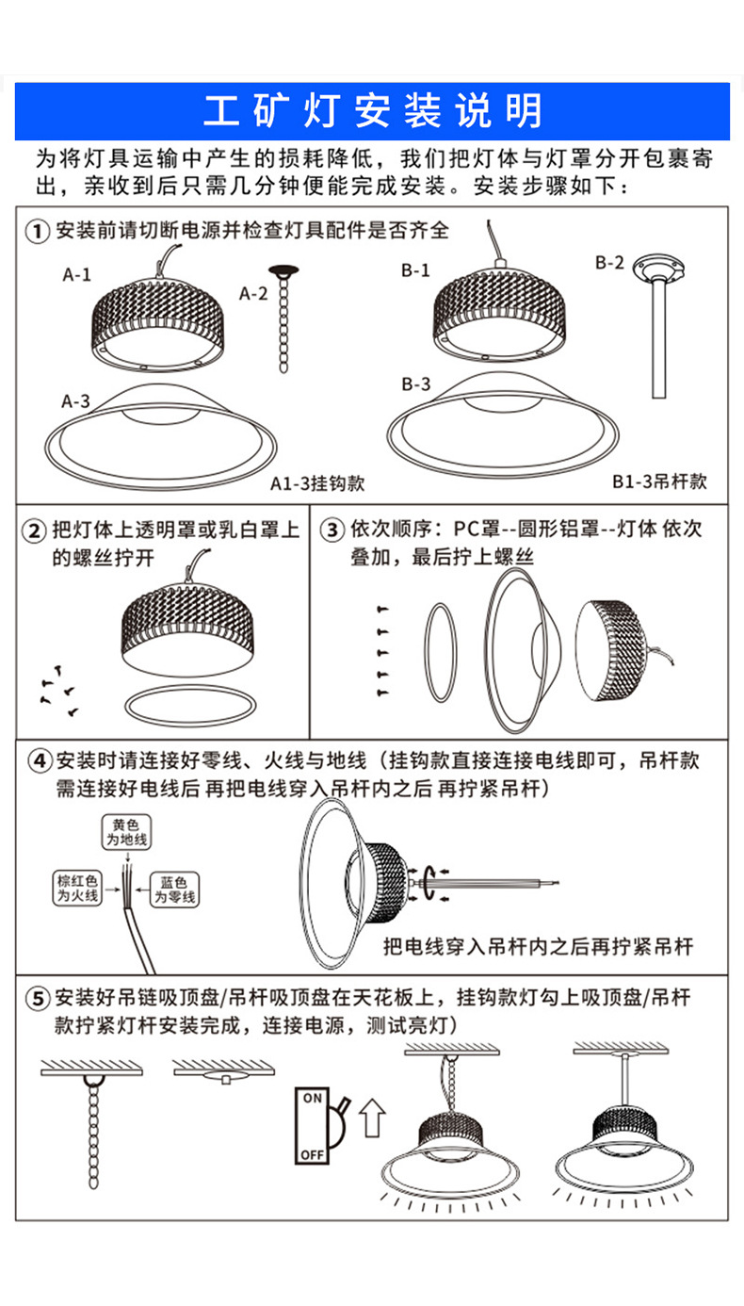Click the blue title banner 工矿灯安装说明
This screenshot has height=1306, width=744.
[x=372, y=111]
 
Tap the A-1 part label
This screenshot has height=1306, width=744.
[x=76, y=275]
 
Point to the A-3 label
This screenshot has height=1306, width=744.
[x=76, y=400]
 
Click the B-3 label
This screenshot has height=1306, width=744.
[x=415, y=384]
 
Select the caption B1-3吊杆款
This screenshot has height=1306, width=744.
[x=658, y=482]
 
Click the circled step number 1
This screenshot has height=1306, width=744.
[x=37, y=232]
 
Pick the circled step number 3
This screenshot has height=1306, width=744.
[x=332, y=530]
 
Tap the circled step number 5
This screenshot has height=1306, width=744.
[x=37, y=998]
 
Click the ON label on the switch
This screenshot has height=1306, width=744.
[x=312, y=1099]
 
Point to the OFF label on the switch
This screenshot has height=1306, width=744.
[x=312, y=1153]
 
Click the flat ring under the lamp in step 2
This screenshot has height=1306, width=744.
[x=189, y=705]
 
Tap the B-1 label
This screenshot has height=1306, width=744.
[x=414, y=270]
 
